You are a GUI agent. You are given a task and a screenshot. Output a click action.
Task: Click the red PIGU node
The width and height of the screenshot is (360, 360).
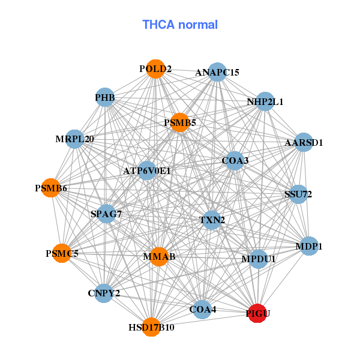pos(257,313)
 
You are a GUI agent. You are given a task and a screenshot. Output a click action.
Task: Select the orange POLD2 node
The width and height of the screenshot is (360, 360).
pos(155,69)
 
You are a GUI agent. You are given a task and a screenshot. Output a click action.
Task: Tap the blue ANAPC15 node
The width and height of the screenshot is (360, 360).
pos(217,72)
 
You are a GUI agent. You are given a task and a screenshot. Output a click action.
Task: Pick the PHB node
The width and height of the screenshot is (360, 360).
pos(105,97)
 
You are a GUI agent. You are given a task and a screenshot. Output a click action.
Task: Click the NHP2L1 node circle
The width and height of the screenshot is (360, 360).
pos(265,101)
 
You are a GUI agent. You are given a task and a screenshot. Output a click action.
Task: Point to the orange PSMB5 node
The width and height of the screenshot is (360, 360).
pos(180,122)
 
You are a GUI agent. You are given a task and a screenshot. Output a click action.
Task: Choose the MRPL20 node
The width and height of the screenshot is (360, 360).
pos(74,139)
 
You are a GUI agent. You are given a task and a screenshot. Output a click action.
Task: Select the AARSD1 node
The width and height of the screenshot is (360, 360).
pos(304,142)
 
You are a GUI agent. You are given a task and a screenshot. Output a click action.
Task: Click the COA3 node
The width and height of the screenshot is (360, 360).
pos(235,160)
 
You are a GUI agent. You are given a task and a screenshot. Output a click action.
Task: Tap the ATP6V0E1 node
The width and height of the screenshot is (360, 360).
pos(147,170)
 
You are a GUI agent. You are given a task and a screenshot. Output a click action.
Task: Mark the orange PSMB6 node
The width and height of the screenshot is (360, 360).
pos(51,188)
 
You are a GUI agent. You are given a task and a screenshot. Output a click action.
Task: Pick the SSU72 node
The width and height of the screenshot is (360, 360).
pos(298,194)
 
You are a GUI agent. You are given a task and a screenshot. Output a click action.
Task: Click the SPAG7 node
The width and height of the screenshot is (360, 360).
pos(106,214)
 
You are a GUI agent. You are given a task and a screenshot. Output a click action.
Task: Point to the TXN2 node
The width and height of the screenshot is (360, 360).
pos(212,220)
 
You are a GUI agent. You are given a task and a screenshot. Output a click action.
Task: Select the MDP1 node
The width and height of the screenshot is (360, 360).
pos(309,246)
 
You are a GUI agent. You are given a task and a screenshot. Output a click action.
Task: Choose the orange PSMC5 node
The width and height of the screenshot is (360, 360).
pos(62,253)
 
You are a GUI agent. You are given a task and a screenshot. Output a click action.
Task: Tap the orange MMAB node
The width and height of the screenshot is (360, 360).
pos(159,257)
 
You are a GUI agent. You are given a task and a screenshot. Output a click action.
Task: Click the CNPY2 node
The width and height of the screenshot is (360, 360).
pos(104,293)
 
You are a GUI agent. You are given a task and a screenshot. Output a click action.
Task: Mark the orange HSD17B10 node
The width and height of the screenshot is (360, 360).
pos(151,327)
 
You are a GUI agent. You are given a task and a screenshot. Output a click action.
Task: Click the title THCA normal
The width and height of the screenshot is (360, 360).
pos(180,25)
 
